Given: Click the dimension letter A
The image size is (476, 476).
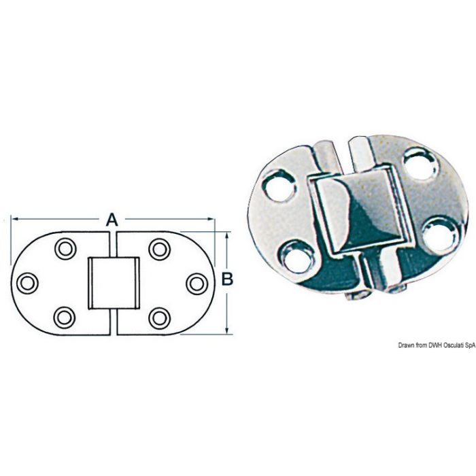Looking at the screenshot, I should point(112,219).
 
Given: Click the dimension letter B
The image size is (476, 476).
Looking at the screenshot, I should point(228,278).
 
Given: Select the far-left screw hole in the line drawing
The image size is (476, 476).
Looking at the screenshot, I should point(27,282).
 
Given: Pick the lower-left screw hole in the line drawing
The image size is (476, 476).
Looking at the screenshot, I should point(65,316).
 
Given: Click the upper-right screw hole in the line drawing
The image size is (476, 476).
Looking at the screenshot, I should point(159,249).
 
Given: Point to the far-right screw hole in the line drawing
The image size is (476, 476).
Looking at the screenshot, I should point(197,282).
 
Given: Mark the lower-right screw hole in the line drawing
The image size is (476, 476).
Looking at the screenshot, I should point(159,316).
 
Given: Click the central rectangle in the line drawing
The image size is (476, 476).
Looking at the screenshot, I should point(114,283).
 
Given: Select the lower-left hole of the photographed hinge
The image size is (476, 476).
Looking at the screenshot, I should point(297,256).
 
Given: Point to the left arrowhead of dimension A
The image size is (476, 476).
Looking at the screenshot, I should point(13,219).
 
